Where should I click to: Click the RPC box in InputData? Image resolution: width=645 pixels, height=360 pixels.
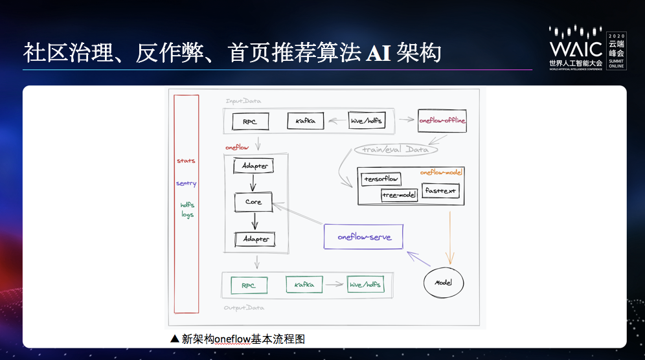coord(249,121)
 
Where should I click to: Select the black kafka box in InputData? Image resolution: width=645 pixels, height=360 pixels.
coord(305,121)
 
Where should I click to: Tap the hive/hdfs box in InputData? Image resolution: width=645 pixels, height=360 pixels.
coord(366,120)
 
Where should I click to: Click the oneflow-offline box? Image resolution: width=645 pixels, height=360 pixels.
coord(442,120)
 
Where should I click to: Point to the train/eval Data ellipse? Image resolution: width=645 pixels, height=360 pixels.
coord(395,150)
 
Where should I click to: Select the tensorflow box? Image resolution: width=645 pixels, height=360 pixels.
coord(381,179)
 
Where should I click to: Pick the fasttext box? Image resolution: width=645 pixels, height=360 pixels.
coord(440,190)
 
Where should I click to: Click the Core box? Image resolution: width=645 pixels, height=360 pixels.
coord(253,202)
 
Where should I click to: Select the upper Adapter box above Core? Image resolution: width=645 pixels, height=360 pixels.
coord(255,166)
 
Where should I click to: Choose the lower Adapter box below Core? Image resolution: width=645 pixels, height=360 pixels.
coord(255,239)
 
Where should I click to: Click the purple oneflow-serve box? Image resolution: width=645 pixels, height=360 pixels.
coord(363,237)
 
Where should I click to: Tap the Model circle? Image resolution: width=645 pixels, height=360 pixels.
coord(444,283)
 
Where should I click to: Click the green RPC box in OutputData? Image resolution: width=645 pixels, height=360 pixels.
coord(249,285)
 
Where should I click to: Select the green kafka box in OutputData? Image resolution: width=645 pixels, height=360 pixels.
coord(304,285)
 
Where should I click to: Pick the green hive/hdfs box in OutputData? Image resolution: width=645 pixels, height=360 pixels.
coord(365,285)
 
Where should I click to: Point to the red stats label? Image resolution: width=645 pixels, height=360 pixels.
coord(186,161)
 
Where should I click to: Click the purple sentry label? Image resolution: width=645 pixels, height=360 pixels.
coord(186,183)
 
